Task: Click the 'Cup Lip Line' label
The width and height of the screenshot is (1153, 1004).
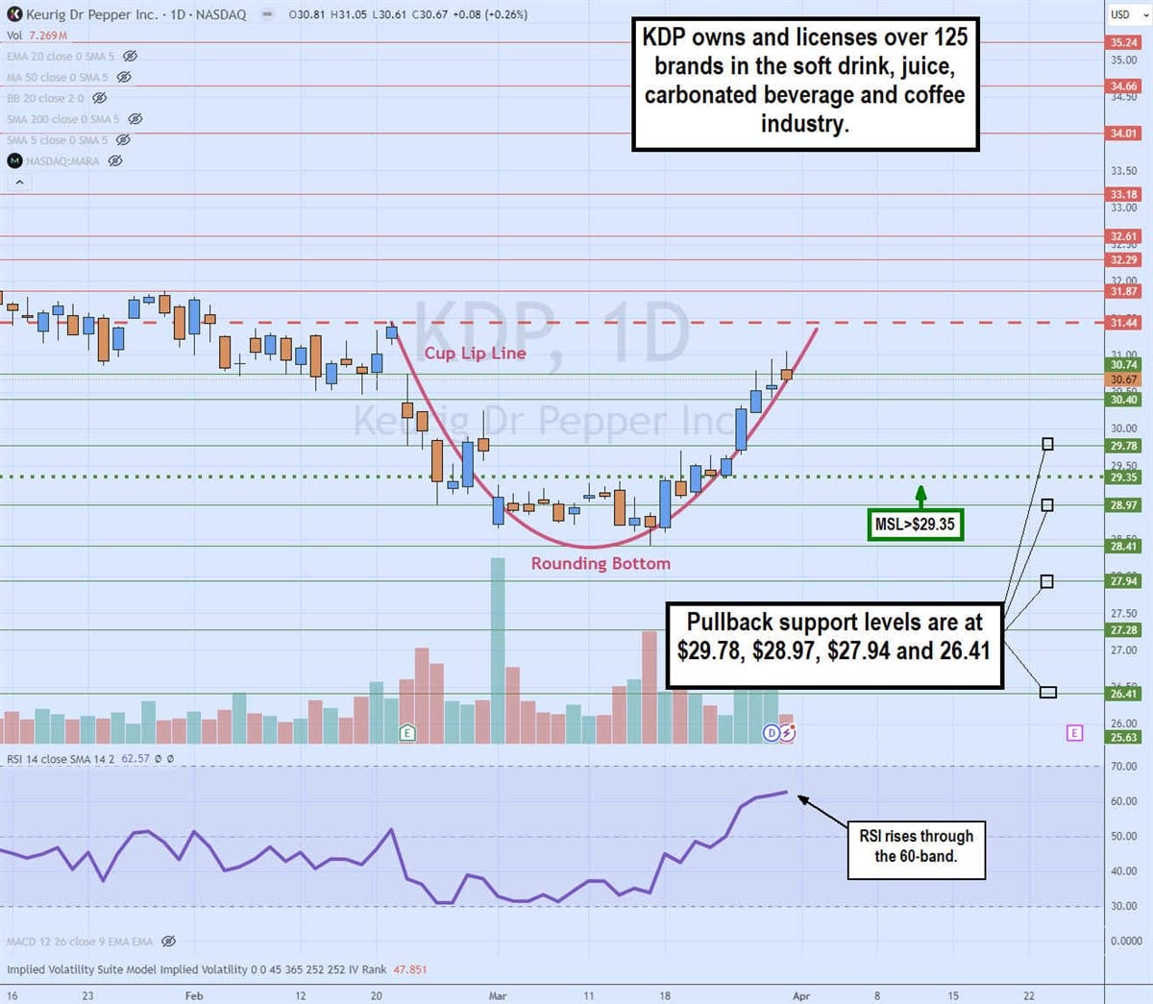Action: click(x=475, y=354)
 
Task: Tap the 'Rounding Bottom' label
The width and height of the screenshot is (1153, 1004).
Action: click(x=601, y=564)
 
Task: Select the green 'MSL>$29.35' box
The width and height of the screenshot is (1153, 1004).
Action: click(x=915, y=525)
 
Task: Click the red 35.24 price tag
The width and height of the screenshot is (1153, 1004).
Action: click(x=1123, y=42)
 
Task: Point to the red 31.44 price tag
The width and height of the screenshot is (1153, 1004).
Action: click(x=1123, y=323)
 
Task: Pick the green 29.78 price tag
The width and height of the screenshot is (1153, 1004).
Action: click(x=1123, y=446)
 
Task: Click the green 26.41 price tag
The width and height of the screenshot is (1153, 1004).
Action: click(x=1123, y=694)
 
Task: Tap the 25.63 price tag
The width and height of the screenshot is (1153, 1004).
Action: click(x=1123, y=738)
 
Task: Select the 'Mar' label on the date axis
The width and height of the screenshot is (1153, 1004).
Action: click(x=497, y=996)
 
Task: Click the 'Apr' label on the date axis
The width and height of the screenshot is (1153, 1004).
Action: click(x=801, y=996)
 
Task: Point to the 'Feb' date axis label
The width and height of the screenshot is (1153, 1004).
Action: click(x=193, y=996)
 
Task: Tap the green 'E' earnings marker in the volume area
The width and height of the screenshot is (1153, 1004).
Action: click(x=407, y=733)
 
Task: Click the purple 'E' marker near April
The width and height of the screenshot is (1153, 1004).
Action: click(x=1074, y=733)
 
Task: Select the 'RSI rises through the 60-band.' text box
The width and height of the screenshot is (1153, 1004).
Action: click(x=916, y=846)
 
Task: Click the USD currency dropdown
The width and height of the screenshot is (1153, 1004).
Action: click(x=1125, y=14)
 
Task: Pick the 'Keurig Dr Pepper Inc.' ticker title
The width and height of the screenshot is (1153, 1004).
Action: click(x=91, y=14)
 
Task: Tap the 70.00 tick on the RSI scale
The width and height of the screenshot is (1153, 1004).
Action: click(x=1123, y=767)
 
